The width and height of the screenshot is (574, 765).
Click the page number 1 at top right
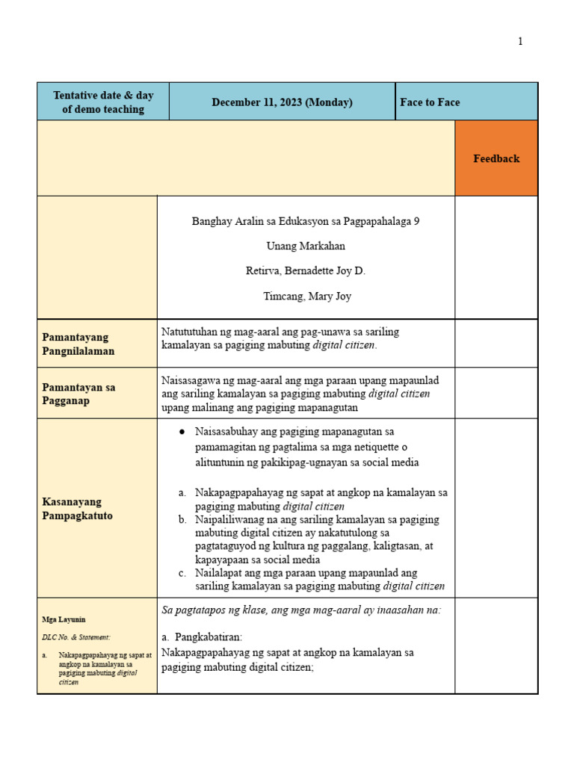(520, 42)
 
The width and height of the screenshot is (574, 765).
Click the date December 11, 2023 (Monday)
(282, 102)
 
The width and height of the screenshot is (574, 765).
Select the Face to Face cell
(430, 102)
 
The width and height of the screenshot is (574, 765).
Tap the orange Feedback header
(496, 158)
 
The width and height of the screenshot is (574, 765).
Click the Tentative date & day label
(103, 102)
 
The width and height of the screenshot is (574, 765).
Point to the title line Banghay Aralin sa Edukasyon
(306, 222)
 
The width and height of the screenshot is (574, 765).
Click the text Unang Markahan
(306, 246)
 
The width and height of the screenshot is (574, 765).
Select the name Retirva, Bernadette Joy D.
(306, 270)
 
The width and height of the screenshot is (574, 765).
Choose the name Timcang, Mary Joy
(306, 296)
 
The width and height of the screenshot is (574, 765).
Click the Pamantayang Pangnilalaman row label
(78, 344)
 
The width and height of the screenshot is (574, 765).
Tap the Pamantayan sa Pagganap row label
(78, 394)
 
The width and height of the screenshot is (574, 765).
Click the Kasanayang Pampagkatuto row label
(78, 509)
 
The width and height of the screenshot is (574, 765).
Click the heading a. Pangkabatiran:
(202, 637)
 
